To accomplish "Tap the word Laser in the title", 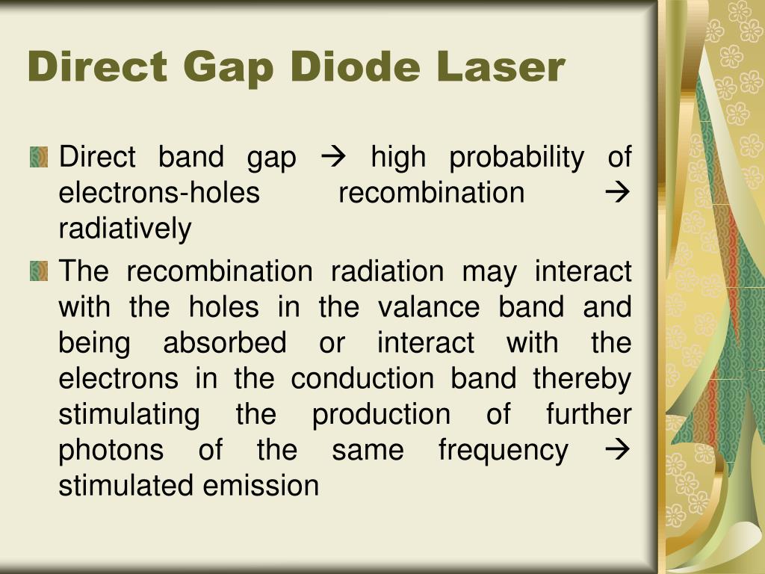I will coord(502,67).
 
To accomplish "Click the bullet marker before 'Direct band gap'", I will coord(38,157).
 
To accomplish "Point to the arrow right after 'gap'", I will coord(329,158).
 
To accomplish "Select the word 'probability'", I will coord(516,158).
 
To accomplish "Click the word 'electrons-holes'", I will coord(159,193).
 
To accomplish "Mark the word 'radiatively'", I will coord(125,229).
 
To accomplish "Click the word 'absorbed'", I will coord(224,343).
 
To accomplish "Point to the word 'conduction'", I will coord(362,378).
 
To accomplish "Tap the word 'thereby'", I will coord(582,379).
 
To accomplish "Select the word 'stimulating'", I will coord(128,415).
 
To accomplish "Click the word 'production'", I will coord(381,415).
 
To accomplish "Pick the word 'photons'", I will coord(111,451).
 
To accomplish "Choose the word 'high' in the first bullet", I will coord(398,158).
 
